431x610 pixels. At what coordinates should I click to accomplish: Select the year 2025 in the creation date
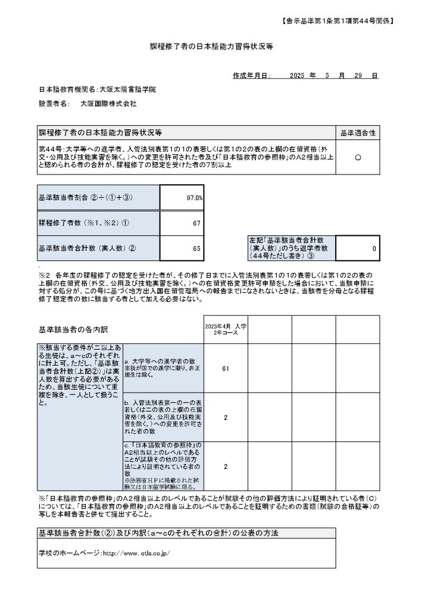[x=297, y=76]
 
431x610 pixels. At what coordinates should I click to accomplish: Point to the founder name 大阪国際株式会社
[x=108, y=104]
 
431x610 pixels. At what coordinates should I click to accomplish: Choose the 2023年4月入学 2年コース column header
[x=225, y=329]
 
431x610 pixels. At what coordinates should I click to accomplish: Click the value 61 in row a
[x=225, y=369]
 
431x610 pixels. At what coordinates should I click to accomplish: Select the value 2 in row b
[x=225, y=418]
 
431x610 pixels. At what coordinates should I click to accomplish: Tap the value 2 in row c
[x=225, y=466]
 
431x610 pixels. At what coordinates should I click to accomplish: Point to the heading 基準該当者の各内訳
[x=74, y=329]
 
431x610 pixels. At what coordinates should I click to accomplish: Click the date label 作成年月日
[x=252, y=76]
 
